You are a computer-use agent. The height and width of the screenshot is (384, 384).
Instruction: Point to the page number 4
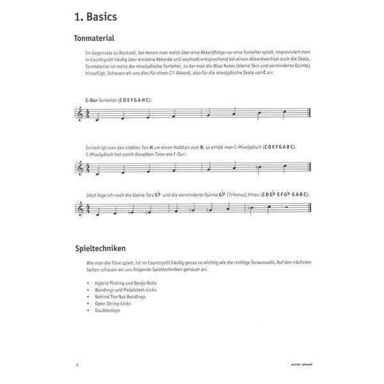(x=77, y=365)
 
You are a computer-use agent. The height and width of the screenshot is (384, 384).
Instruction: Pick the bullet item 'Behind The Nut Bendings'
(x=115, y=296)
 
